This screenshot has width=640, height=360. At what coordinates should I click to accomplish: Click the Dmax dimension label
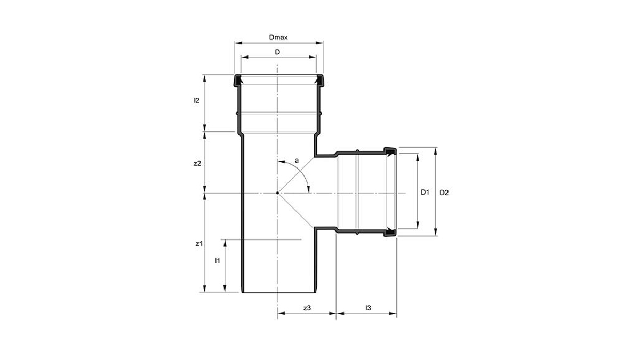(x=278, y=37)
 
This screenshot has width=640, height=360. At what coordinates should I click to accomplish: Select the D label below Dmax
(x=277, y=52)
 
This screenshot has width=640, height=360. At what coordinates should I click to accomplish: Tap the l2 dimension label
(x=197, y=101)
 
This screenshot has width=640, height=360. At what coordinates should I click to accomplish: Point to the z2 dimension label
(x=197, y=163)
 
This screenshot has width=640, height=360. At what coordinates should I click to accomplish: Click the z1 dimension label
(x=199, y=244)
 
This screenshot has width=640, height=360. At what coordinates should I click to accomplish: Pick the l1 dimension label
(x=218, y=261)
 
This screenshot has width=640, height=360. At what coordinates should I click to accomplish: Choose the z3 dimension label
(x=307, y=308)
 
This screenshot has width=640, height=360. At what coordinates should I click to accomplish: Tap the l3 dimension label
(x=369, y=308)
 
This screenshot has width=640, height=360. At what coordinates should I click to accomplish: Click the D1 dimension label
(x=425, y=193)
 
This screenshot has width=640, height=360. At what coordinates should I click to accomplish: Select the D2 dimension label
(x=444, y=193)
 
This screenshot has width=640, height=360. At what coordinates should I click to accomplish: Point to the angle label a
(x=297, y=161)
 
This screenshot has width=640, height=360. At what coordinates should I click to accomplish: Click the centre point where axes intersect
(x=277, y=193)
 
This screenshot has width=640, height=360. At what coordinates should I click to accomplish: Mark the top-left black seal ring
(x=237, y=81)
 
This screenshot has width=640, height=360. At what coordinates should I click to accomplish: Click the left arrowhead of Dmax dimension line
(x=238, y=43)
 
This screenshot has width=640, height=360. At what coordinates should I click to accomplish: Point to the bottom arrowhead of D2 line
(x=435, y=233)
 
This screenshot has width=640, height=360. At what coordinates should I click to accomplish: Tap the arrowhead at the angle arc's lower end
(x=309, y=189)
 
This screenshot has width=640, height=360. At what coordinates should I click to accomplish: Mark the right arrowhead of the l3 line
(x=393, y=314)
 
